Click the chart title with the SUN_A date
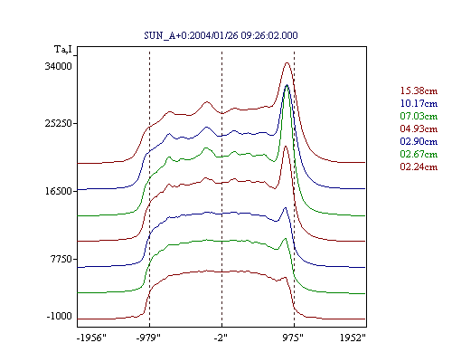click(221, 35)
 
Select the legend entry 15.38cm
click(419, 90)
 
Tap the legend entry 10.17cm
click(419, 103)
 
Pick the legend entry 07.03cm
click(419, 116)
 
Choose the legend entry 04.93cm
click(419, 129)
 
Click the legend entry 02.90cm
click(419, 141)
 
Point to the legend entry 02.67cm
click(419, 154)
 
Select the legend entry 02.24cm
click(419, 167)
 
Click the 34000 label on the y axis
click(59, 66)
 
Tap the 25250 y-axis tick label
click(59, 123)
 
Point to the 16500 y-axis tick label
click(59, 191)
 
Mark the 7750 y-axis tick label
click(61, 259)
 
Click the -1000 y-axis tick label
click(60, 316)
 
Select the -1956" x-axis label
click(91, 338)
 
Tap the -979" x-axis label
click(148, 338)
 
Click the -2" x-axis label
click(221, 338)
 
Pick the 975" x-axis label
click(293, 338)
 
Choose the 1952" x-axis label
click(353, 338)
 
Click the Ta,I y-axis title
click(63, 49)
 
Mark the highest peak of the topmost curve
click(287, 62)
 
